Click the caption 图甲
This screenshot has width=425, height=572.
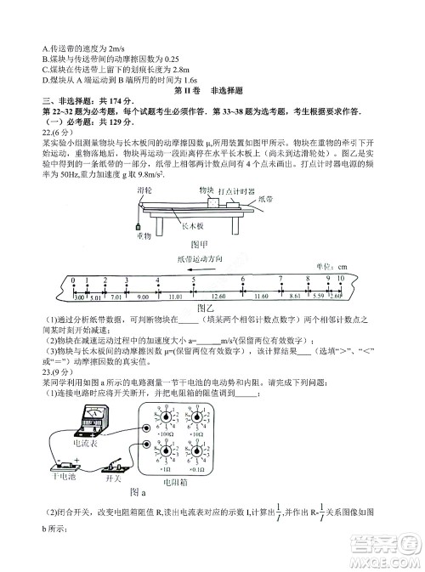pyautogui.click(x=201, y=245)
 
